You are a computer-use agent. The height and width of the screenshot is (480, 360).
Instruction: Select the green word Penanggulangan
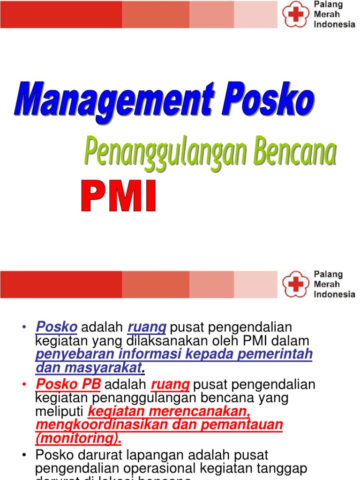(x=161, y=154)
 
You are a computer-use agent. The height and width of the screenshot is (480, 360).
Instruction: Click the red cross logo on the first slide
(x=295, y=15)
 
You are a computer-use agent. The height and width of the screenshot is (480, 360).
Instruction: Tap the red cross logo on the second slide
(x=295, y=284)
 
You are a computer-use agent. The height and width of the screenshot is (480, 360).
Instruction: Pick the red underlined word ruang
(x=170, y=385)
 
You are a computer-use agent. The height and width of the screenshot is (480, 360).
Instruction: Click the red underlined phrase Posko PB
(x=68, y=385)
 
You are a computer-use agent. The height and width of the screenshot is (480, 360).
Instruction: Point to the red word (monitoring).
(x=78, y=438)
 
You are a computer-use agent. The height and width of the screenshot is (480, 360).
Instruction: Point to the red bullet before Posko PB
(x=24, y=385)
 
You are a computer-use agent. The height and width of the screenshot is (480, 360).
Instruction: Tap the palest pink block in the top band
(x=256, y=15)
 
